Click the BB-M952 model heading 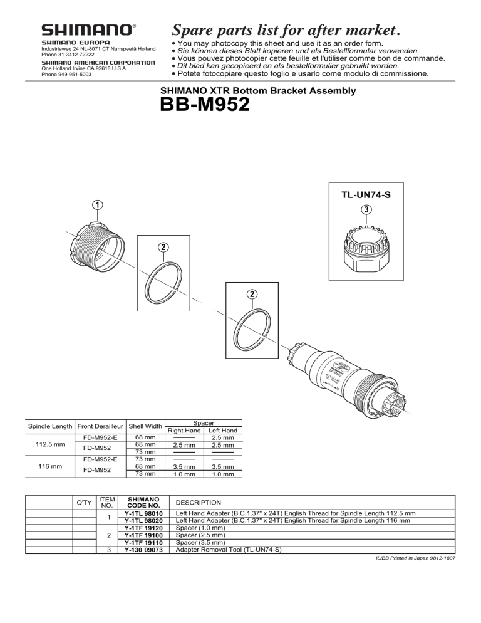[x=205, y=104]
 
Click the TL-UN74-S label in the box [x=366, y=194]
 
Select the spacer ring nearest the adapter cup [x=162, y=280]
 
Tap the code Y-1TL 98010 [x=144, y=513]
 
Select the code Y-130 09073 [x=144, y=550]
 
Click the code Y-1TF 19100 [x=144, y=535]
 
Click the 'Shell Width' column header [x=145, y=427]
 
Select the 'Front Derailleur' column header [x=100, y=427]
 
